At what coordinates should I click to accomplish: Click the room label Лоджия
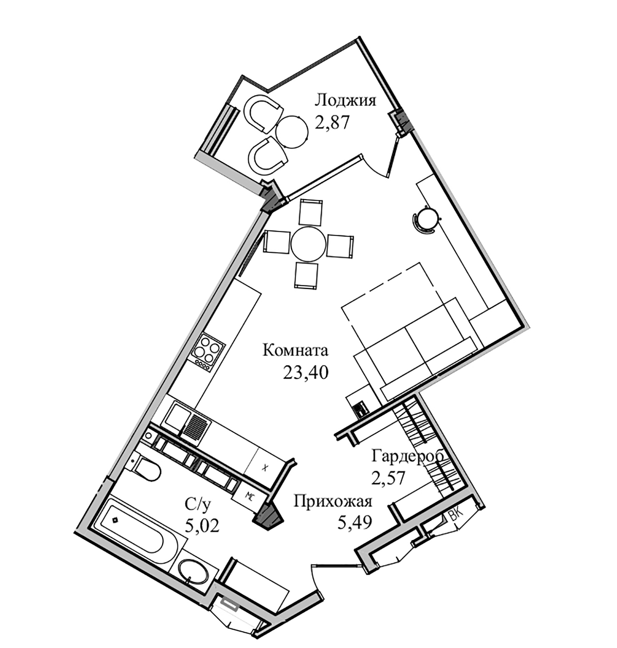pyautogui.click(x=345, y=100)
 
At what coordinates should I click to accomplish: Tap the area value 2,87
pyautogui.click(x=332, y=122)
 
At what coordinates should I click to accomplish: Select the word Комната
pyautogui.click(x=296, y=350)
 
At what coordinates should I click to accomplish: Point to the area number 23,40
pyautogui.click(x=306, y=373)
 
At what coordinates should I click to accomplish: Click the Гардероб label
pyautogui.click(x=407, y=456)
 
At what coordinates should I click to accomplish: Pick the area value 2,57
pyautogui.click(x=389, y=478)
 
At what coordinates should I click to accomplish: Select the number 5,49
pyautogui.click(x=354, y=522)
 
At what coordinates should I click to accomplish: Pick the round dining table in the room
pyautogui.click(x=308, y=244)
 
